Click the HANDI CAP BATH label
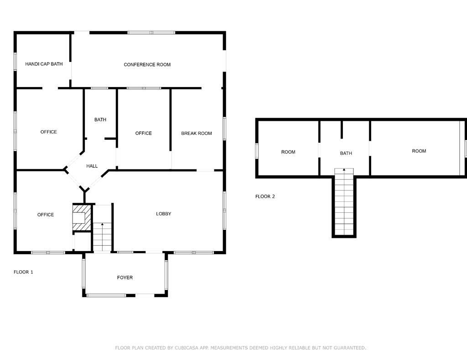tap(44, 64)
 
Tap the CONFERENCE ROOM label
tap(147, 65)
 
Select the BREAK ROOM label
tap(197, 133)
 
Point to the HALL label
tap(92, 166)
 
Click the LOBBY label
tap(164, 214)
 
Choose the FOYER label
tap(125, 278)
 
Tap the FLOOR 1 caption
tap(24, 272)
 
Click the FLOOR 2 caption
tap(265, 196)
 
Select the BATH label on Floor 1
tap(100, 119)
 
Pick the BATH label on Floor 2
tap(346, 153)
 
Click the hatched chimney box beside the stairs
tap(82, 217)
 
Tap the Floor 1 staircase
tap(103, 228)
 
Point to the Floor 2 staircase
tap(344, 202)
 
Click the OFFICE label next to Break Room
tap(144, 133)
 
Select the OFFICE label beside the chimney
tap(46, 215)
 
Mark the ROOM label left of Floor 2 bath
tap(288, 152)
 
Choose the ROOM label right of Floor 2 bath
tap(419, 151)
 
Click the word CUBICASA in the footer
tap(185, 348)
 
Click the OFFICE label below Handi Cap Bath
tap(48, 132)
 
